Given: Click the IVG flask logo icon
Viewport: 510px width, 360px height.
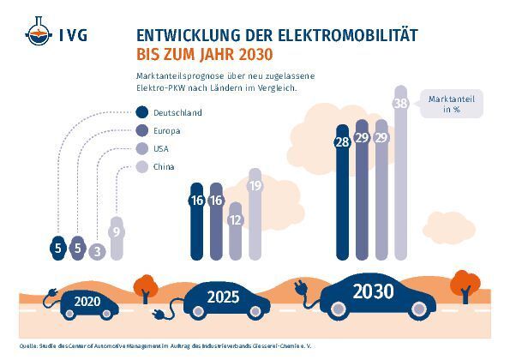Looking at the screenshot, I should [x=37, y=35].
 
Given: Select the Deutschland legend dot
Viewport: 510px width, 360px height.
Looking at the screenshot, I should [x=141, y=113].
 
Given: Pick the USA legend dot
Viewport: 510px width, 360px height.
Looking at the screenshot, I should [x=141, y=149].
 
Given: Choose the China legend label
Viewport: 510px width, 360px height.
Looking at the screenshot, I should [x=164, y=167].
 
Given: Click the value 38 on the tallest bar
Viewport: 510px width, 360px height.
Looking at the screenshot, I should [x=399, y=104].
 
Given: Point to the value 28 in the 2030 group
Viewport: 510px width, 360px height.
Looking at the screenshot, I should [x=343, y=142].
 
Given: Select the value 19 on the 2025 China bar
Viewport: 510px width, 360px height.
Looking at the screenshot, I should [x=255, y=185].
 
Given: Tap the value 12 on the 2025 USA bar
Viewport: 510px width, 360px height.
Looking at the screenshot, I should [x=235, y=220].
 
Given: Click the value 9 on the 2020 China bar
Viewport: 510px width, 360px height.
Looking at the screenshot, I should [x=117, y=231].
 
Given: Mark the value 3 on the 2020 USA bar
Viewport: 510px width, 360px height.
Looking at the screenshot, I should [x=98, y=251].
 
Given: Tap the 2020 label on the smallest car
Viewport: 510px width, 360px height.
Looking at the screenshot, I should [x=87, y=301].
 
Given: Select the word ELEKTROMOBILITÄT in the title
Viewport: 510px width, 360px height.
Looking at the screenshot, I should [x=337, y=35].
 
